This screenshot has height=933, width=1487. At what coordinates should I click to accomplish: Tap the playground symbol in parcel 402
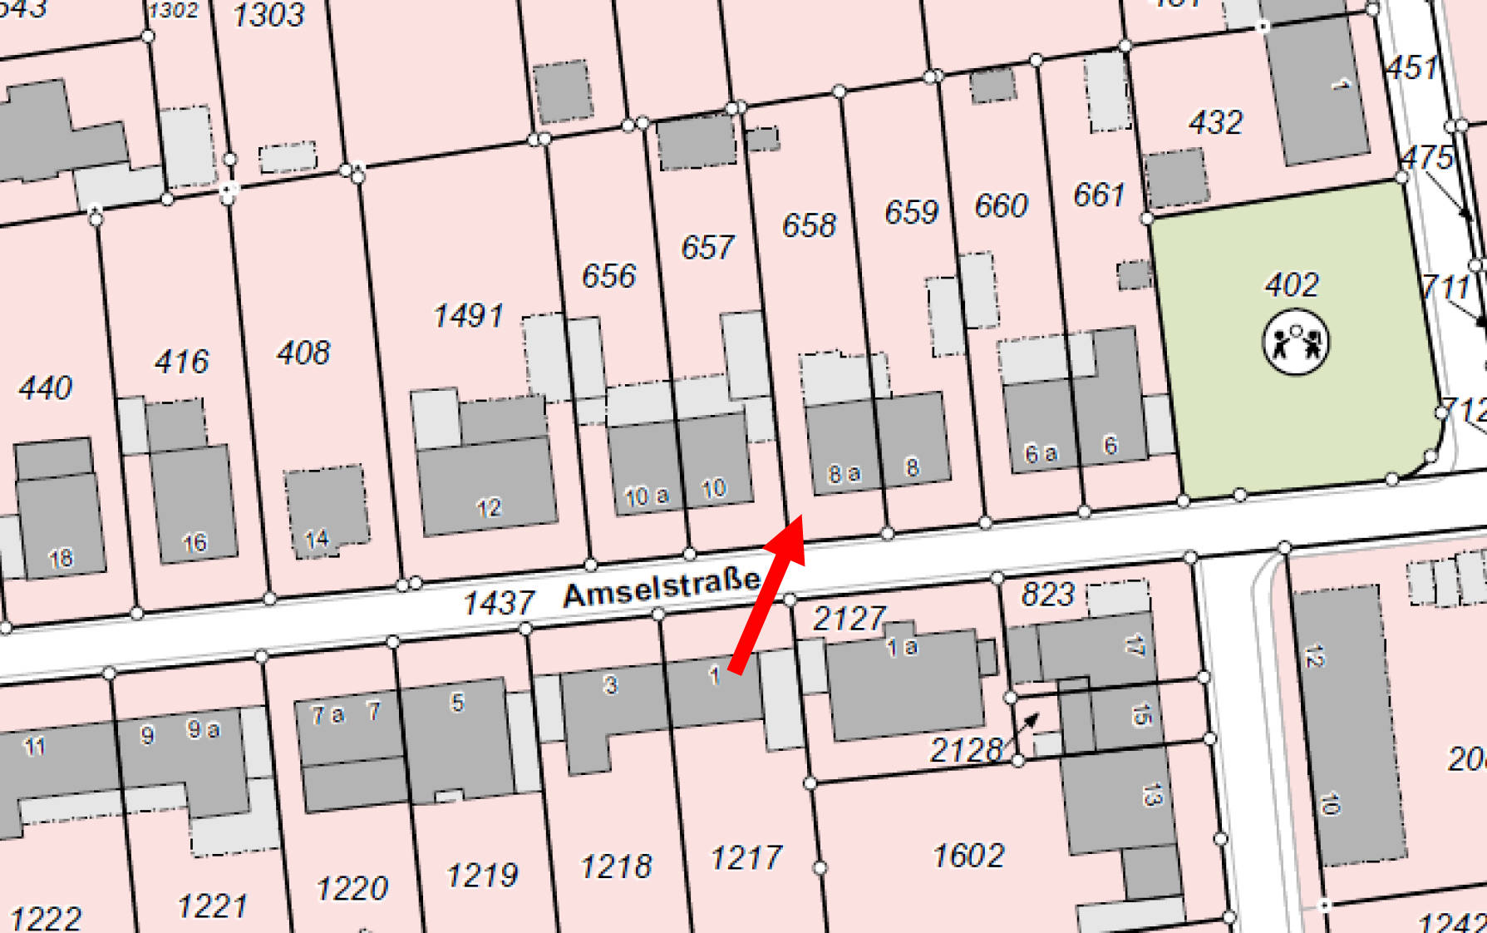[x=1295, y=341]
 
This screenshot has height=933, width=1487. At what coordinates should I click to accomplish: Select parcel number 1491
[x=468, y=316]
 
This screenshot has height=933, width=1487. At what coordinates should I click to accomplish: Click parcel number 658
[x=809, y=225]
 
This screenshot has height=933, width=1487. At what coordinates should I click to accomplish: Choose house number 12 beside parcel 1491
[x=489, y=507]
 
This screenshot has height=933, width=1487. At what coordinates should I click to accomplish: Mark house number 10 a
[x=646, y=496]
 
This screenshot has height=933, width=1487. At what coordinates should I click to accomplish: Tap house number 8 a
[x=844, y=474]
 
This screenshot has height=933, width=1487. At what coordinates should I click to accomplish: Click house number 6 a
[x=1040, y=453]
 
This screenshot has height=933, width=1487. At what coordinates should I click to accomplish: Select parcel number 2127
[x=849, y=618]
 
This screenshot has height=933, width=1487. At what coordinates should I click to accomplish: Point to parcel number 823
[x=1047, y=595]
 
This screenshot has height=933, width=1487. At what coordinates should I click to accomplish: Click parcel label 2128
[x=965, y=751]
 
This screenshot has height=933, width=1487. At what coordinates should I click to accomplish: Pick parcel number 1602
[x=968, y=856]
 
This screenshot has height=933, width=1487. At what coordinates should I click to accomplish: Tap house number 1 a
[x=902, y=646]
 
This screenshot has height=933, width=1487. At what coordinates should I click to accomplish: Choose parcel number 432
[x=1215, y=123]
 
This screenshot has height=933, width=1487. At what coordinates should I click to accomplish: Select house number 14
[x=317, y=539]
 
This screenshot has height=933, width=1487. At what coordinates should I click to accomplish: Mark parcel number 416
[x=181, y=362]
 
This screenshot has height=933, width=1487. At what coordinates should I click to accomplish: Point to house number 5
[x=457, y=703]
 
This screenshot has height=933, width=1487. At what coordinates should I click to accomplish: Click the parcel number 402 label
[x=1291, y=285]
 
